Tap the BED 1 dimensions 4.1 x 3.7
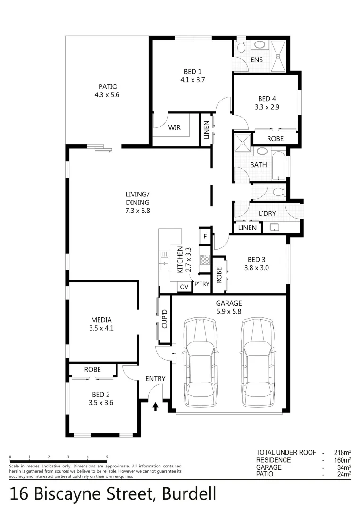(x=193, y=80)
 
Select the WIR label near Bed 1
(x=175, y=127)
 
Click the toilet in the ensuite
(x=241, y=47)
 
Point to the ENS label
(x=257, y=60)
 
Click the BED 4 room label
(x=267, y=99)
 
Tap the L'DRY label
(x=267, y=213)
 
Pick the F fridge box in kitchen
(x=205, y=237)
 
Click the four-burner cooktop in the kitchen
(x=205, y=260)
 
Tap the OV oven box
(x=184, y=287)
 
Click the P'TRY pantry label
(x=201, y=284)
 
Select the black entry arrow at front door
(x=155, y=406)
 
